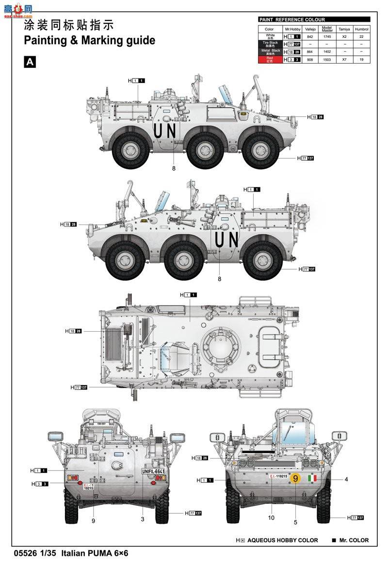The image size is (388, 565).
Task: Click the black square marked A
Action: pyautogui.click(x=30, y=62)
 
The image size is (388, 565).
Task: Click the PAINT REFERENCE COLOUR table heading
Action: pyautogui.click(x=292, y=20)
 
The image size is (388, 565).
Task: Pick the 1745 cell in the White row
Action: pyautogui.click(x=327, y=36)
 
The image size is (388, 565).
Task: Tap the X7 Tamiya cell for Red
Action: pyautogui.click(x=344, y=59)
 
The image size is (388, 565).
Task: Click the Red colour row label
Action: pyautogui.click(x=270, y=59)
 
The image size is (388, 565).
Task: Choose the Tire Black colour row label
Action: pyautogui.click(x=270, y=44)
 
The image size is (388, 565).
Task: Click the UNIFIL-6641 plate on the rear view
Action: pyautogui.click(x=153, y=471)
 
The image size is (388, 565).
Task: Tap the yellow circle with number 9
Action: pyautogui.click(x=296, y=478)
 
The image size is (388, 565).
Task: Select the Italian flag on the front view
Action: pyautogui.click(x=313, y=479)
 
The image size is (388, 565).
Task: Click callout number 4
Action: pyautogui.click(x=346, y=480)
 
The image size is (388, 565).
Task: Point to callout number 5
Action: pyautogui.click(x=295, y=522)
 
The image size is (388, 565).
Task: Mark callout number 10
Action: pyautogui.click(x=271, y=518)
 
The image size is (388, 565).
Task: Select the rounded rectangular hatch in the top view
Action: pyautogui.click(x=270, y=346)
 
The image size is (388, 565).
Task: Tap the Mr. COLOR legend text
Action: pyautogui.click(x=353, y=540)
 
